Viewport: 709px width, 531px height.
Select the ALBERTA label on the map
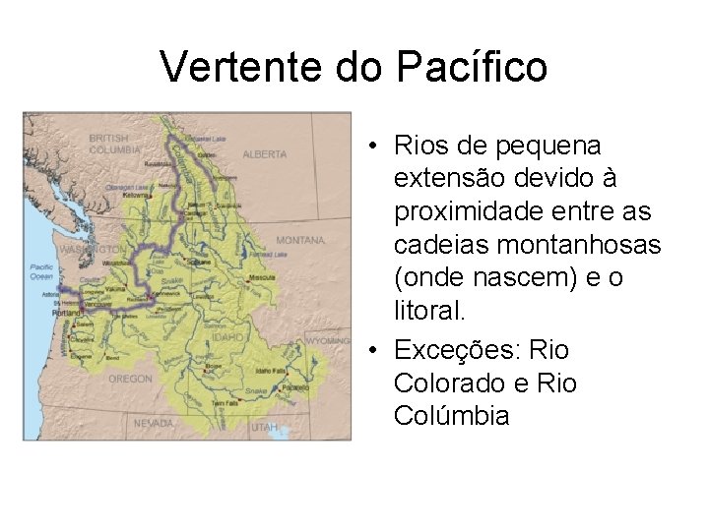point(265,154)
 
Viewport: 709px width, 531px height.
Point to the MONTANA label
point(300,240)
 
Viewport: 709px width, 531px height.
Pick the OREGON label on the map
point(130,378)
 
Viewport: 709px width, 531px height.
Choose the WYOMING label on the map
point(326,340)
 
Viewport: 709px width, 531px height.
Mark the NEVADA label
point(153,423)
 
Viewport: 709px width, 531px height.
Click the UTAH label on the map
point(264,428)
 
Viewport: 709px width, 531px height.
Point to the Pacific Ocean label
point(41,270)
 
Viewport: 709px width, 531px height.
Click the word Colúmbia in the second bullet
point(451,416)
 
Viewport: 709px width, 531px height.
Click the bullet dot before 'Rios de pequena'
point(376,147)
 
